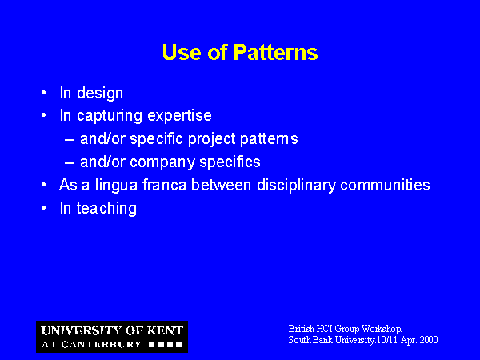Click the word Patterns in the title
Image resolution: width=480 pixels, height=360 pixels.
(275, 52)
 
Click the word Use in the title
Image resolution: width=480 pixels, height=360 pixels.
(182, 52)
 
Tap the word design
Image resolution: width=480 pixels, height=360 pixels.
(100, 94)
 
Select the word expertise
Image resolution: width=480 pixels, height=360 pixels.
(179, 116)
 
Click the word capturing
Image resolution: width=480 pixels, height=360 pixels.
(110, 116)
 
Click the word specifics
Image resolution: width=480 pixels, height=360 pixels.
(230, 162)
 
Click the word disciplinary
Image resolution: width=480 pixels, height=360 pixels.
(296, 186)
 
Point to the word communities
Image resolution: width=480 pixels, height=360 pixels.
(385, 185)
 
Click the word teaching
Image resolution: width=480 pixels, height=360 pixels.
(106, 209)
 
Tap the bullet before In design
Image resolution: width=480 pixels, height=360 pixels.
(44, 93)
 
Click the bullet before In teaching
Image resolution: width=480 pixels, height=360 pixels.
(44, 207)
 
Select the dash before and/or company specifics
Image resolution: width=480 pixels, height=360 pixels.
(69, 162)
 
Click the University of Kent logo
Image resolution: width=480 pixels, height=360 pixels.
(112, 337)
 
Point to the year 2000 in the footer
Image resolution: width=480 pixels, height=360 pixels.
(429, 340)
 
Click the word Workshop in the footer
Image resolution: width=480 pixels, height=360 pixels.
(382, 329)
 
